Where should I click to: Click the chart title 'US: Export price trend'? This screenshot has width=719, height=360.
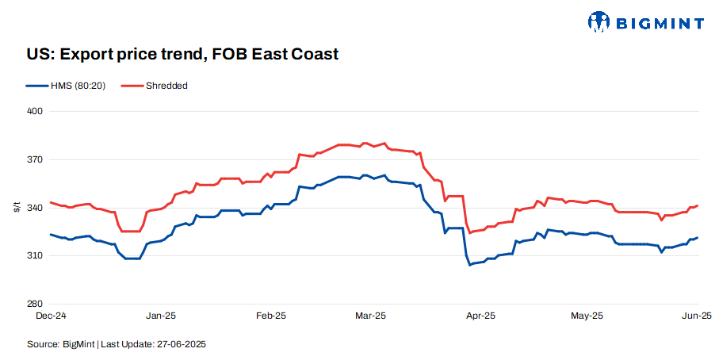pos(182,55)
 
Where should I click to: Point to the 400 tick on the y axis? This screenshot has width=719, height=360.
pos(35,111)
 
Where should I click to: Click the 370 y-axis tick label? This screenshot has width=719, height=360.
pos(35,159)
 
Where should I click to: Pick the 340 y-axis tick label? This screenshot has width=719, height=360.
pos(35,208)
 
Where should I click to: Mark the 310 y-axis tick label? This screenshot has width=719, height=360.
pos(35,256)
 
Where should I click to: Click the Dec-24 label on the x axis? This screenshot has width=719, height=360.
pos(52,316)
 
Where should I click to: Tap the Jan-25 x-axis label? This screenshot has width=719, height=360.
pos(161,316)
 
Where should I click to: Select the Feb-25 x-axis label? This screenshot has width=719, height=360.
pos(270,316)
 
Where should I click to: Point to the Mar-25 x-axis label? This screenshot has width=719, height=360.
pos(369,316)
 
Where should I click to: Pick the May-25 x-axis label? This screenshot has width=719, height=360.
pos(587,316)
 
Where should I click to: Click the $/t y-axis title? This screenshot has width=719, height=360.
pos(17,208)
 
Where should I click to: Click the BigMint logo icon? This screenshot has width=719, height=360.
pos(599,21)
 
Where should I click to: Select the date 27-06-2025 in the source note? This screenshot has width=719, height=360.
pos(183,344)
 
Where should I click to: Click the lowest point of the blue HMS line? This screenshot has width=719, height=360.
pos(470,264)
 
